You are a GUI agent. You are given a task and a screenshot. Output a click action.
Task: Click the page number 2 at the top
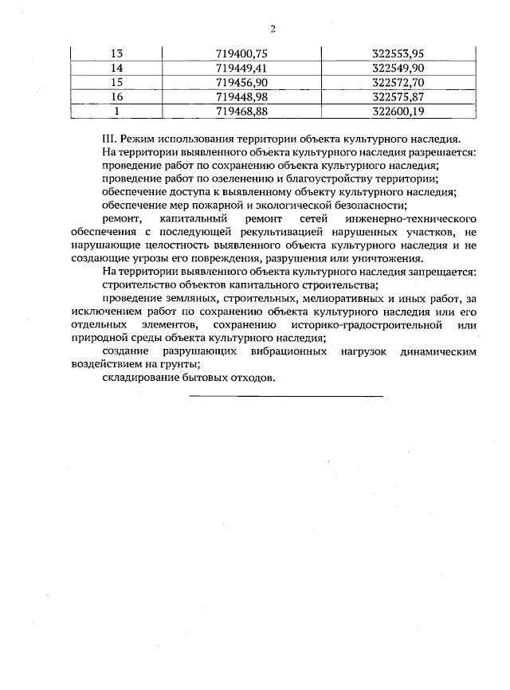tap(273, 29)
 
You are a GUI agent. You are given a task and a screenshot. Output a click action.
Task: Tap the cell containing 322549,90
tap(398, 68)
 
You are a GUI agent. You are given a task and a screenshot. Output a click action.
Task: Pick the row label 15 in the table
tap(117, 82)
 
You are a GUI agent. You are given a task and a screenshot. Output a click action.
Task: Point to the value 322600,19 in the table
tap(398, 111)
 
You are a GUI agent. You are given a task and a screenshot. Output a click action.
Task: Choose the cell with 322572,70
tap(398, 82)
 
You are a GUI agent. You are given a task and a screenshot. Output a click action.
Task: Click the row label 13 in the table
tap(117, 53)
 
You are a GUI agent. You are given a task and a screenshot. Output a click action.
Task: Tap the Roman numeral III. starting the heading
tap(111, 138)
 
